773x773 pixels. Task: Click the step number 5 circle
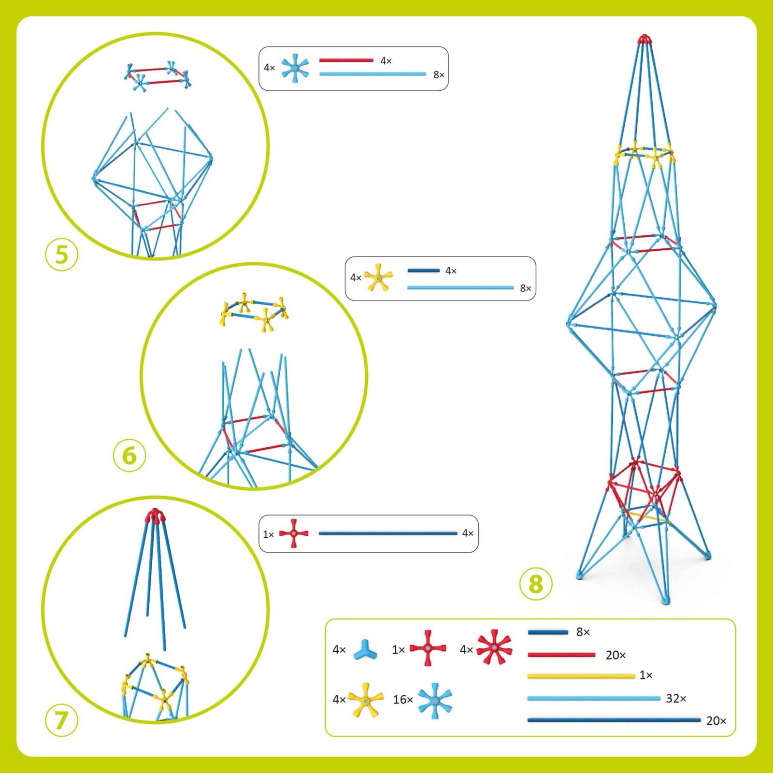pos(61,255)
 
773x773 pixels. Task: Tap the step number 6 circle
pos(129,456)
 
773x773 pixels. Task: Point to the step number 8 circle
pos(535,584)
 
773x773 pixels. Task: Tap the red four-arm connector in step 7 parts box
pos(294,533)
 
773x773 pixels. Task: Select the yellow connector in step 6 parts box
pos(378,278)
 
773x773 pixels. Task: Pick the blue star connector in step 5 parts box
pos(295,68)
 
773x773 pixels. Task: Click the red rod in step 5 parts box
pos(346,60)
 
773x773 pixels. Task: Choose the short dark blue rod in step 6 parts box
pos(423,271)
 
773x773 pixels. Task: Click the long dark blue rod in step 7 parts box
pos(387,533)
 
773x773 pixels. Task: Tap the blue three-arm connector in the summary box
pos(365,650)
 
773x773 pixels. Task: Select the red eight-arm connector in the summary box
pos(494,647)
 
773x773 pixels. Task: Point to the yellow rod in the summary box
pos(581,676)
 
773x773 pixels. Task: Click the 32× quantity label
pos(676,698)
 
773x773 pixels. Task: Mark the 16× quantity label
pos(403,700)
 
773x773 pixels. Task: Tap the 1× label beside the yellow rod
pos(646,675)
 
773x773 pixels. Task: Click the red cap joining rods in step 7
pos(154,515)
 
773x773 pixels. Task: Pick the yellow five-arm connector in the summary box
pos(366,700)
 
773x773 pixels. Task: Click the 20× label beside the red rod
pos(616,655)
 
